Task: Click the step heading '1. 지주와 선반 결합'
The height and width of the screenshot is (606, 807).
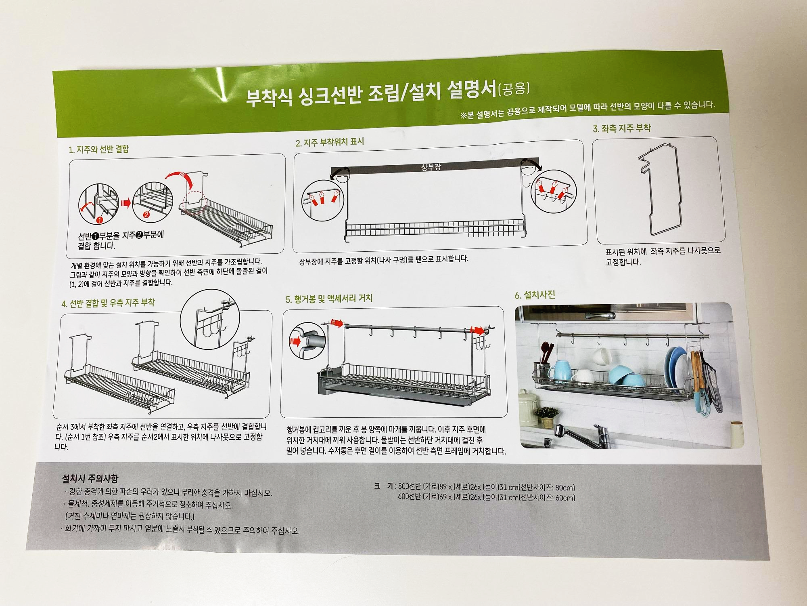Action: (x=99, y=149)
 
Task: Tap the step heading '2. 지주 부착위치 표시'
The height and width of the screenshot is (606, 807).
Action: (x=330, y=142)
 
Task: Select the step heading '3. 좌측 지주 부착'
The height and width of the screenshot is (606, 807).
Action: (x=622, y=128)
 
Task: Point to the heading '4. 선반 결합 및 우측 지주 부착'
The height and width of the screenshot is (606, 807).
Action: (x=108, y=303)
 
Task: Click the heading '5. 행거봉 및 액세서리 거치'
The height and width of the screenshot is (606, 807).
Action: (x=329, y=299)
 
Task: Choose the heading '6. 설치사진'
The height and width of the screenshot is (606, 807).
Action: (x=535, y=295)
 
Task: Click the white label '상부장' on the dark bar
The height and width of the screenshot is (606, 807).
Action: (x=431, y=166)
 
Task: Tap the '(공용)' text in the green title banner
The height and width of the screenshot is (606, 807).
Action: (x=514, y=88)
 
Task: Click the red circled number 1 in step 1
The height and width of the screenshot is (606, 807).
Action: (x=99, y=220)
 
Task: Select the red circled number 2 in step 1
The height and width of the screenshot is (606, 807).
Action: (x=146, y=215)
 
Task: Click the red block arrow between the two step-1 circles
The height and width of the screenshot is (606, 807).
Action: (x=126, y=203)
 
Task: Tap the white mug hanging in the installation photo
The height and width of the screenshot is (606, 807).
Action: (x=601, y=356)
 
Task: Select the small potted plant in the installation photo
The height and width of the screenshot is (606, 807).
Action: (x=548, y=417)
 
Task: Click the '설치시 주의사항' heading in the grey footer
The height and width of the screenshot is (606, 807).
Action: (x=90, y=479)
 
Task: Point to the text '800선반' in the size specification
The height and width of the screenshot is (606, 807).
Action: (x=409, y=486)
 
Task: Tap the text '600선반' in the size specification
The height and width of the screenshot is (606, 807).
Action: (x=409, y=497)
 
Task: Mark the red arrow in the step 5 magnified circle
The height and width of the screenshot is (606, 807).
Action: (x=296, y=342)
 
